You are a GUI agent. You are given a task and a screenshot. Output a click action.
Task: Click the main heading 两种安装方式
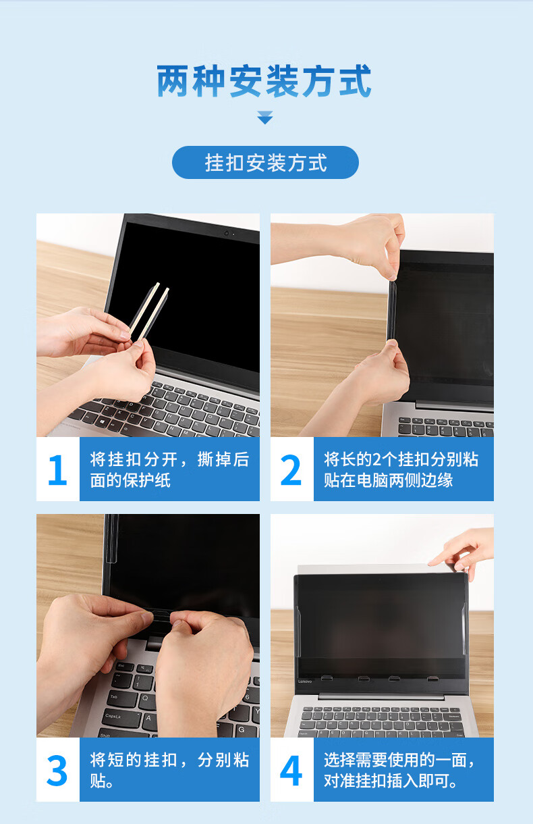[x=264, y=81]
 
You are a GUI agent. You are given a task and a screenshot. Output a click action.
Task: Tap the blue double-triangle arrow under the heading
[x=264, y=118]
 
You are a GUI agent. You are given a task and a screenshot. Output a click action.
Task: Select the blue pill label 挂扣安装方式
[x=265, y=162]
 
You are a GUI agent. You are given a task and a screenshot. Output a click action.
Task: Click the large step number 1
[x=58, y=470]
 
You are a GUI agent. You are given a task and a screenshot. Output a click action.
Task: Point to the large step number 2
[x=291, y=470]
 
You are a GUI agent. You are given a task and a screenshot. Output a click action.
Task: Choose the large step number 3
[x=57, y=770]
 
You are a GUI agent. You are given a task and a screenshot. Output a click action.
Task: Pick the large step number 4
[x=291, y=770]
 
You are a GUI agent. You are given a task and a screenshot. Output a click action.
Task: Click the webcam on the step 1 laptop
[x=227, y=233]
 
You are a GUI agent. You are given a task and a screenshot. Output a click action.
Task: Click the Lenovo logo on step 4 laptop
[x=305, y=681]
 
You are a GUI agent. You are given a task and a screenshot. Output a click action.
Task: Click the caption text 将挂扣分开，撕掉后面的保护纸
[x=169, y=470]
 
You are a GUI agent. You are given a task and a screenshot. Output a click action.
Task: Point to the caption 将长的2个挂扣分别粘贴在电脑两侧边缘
[x=401, y=470]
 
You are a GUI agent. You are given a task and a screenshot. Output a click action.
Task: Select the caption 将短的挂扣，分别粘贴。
[x=169, y=770]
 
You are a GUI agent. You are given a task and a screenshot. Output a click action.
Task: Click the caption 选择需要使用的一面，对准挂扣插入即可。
[x=399, y=770]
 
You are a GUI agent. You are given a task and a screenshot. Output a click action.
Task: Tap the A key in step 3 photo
[x=148, y=718]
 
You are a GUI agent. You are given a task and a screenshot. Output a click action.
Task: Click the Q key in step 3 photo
[x=146, y=698]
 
